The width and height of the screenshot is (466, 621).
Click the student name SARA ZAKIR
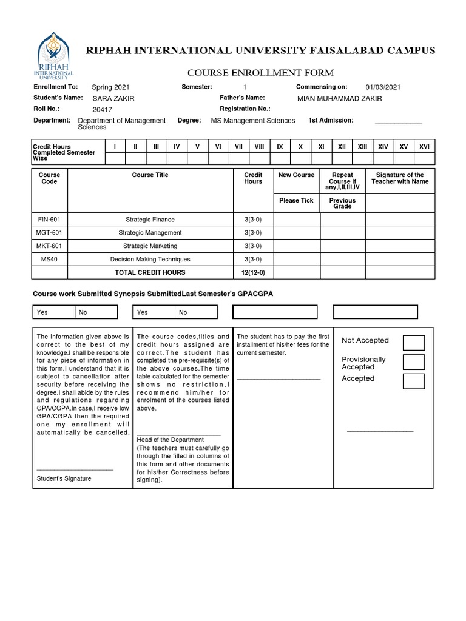coord(113,98)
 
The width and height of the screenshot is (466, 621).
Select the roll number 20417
coord(102,110)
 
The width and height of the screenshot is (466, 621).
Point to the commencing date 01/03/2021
coord(383,87)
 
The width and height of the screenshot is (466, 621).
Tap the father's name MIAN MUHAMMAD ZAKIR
coord(340,98)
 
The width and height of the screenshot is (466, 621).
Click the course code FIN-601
coord(49,220)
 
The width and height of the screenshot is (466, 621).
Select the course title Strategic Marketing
coord(150,246)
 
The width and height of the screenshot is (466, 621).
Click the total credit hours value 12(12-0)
coord(253,273)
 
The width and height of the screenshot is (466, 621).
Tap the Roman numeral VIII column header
coord(259,147)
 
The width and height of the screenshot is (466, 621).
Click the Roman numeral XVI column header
coord(424,147)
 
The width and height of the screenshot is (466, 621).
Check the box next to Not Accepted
coord(414,343)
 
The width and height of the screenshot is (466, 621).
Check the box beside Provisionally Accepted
coord(414,363)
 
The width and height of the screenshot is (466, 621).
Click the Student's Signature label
coord(64,478)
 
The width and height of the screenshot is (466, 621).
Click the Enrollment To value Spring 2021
coord(110,87)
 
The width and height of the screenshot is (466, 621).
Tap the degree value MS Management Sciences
coord(252,121)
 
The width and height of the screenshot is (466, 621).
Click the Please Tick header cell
coord(297,201)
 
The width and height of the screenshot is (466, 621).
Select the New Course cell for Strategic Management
coord(297,233)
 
